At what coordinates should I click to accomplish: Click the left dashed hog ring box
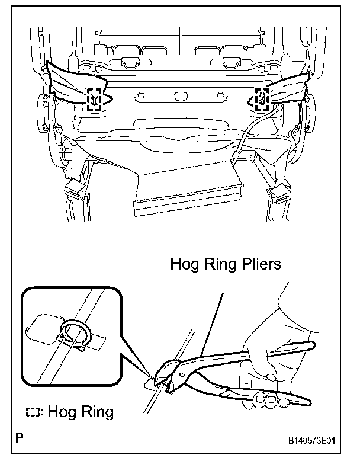(x=95, y=98)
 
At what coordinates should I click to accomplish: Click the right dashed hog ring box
(x=261, y=98)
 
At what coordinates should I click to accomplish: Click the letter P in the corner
(x=21, y=440)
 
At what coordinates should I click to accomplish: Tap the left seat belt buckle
(x=74, y=189)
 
